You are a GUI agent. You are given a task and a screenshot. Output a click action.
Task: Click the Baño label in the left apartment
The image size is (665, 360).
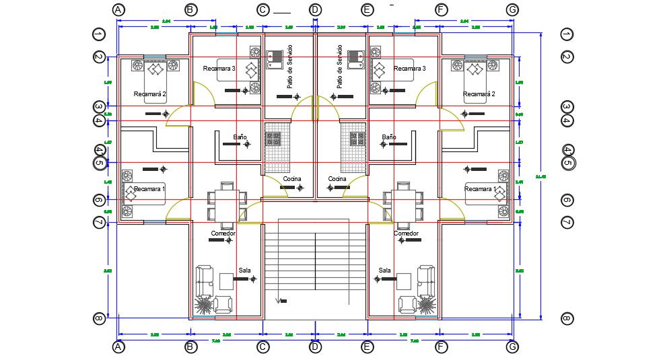point(240,137)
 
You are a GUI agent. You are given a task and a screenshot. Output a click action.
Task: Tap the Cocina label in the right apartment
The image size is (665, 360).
point(337,179)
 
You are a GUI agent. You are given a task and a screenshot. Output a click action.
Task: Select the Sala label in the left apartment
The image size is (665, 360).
point(245,270)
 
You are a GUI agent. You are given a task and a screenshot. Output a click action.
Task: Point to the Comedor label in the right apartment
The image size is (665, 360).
point(406,233)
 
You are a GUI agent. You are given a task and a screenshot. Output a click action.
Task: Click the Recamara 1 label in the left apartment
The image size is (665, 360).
point(149,190)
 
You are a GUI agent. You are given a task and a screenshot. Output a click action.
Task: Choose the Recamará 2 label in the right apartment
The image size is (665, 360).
point(479,94)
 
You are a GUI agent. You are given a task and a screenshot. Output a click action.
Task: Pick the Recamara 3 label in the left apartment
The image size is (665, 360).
point(219,68)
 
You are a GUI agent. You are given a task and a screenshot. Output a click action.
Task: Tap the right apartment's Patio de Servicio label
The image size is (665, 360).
point(340,67)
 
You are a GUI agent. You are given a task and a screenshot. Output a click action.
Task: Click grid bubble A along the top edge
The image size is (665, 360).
point(118,9)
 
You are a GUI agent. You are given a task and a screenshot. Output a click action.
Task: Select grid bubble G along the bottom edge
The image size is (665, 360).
point(513,347)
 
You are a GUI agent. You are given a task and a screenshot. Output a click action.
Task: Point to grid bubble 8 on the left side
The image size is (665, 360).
point(100,318)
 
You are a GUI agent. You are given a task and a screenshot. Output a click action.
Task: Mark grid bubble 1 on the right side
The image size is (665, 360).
point(566,34)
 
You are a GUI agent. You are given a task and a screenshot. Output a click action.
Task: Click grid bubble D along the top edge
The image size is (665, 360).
point(315,9)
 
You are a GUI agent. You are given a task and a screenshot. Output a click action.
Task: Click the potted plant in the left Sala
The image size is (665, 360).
point(203,306)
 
